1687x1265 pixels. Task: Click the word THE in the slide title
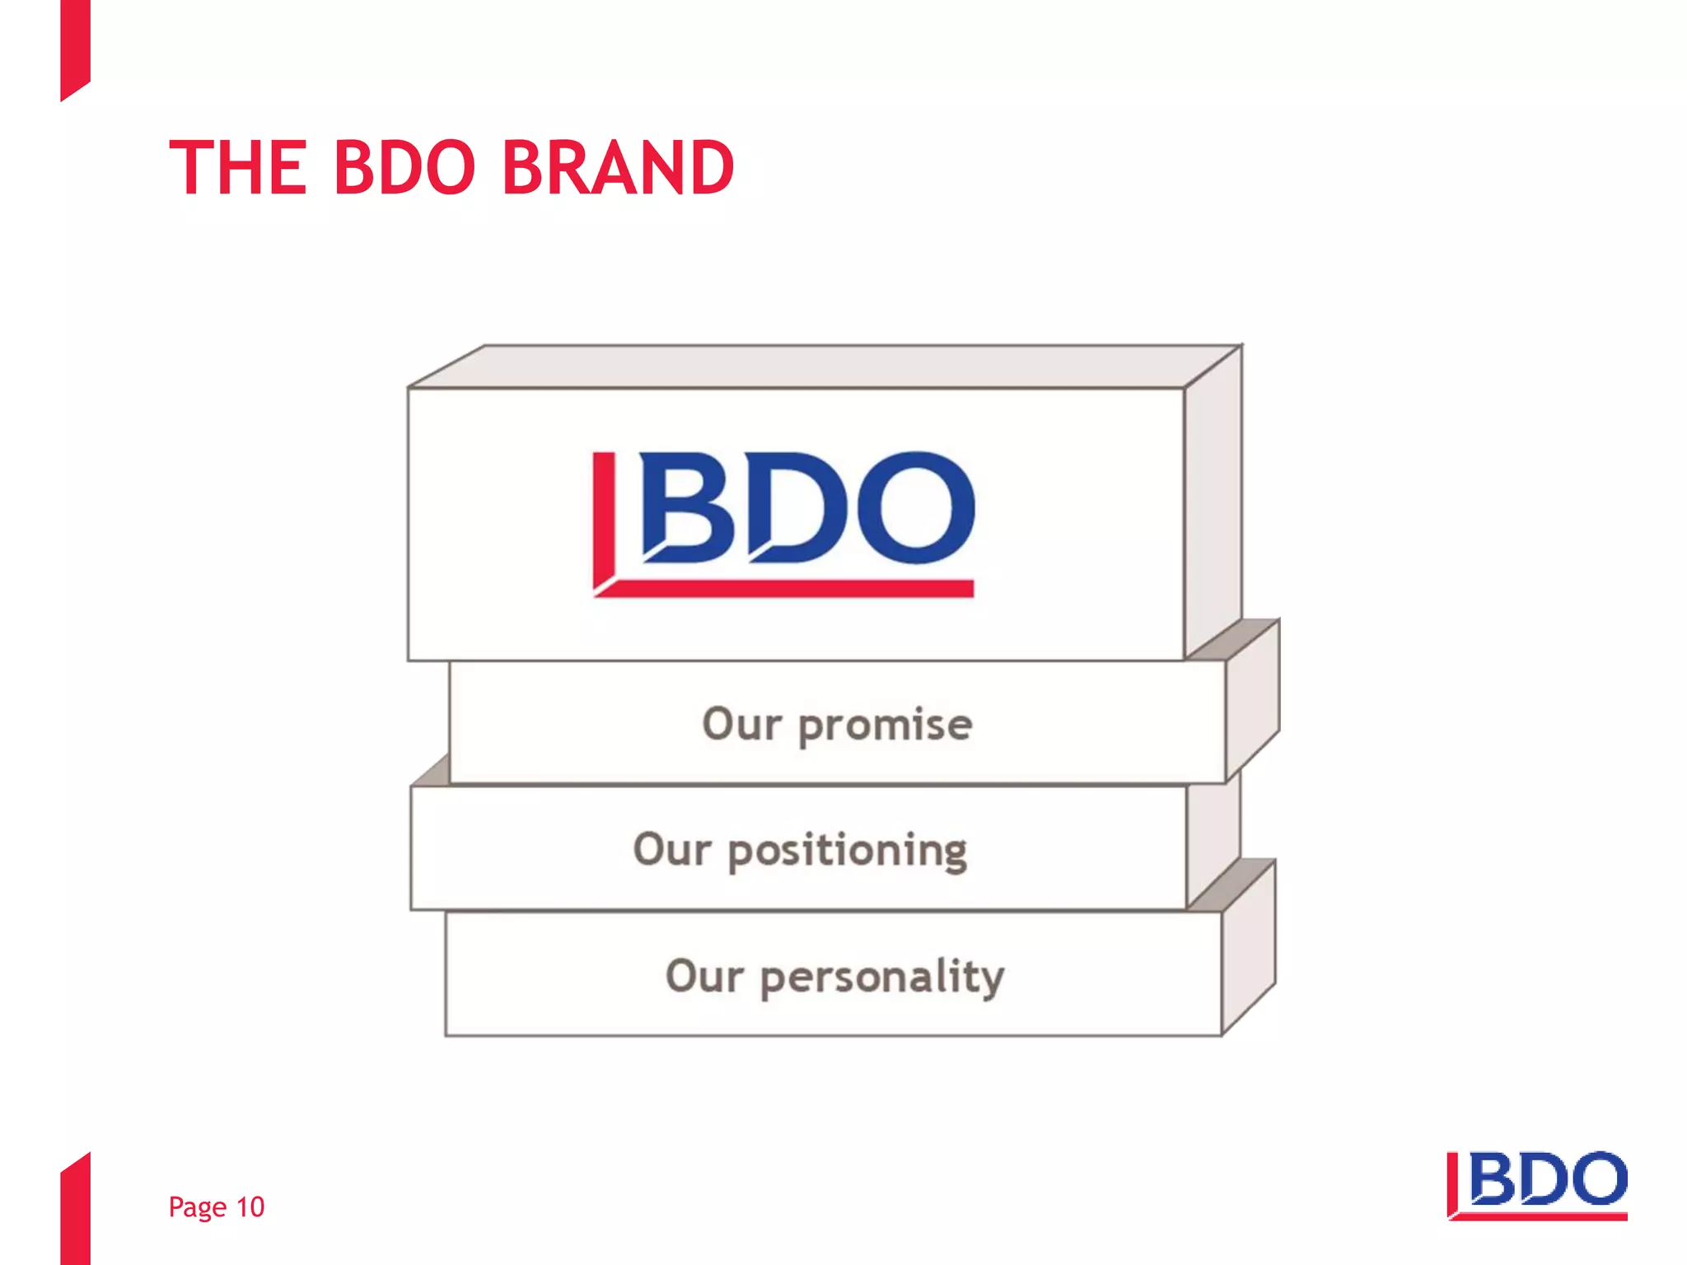click(x=238, y=169)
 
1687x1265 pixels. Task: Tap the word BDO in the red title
click(x=404, y=169)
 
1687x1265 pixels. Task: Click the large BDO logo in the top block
click(x=783, y=523)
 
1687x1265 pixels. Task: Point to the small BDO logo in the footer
click(x=1537, y=1185)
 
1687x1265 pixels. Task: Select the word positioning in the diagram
click(x=848, y=852)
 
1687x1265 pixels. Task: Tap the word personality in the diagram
click(x=881, y=978)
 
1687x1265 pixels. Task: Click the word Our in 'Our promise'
click(x=741, y=725)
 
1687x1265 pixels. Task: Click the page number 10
click(x=250, y=1207)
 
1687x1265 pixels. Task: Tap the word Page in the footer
click(x=198, y=1208)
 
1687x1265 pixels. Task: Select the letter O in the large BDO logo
click(x=915, y=507)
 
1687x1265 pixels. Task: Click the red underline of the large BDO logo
click(x=791, y=588)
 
